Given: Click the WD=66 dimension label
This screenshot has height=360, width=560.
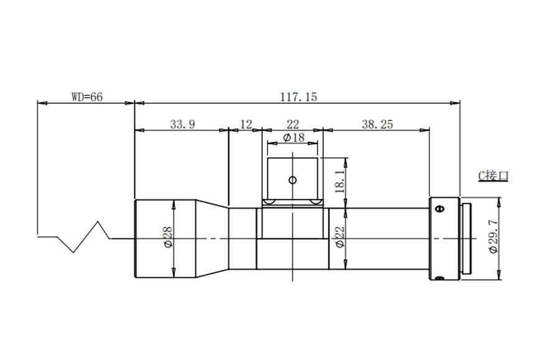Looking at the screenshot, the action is pos(87,97).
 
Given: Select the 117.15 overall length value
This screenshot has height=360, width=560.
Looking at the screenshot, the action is pos(298,97).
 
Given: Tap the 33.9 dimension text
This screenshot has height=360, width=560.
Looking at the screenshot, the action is pos(182,124).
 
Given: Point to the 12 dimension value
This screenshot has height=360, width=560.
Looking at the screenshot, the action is pos(246,124).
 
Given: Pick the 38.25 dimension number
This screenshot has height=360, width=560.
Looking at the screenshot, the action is pos(377,124).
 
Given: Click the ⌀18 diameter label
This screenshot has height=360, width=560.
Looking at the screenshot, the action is pos(294,137).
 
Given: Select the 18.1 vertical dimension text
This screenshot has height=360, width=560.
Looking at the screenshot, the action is pos(340,182).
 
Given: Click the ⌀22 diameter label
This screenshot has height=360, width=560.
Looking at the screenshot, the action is pos(340,238).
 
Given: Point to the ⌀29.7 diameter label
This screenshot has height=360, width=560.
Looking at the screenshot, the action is pos(493,237).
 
